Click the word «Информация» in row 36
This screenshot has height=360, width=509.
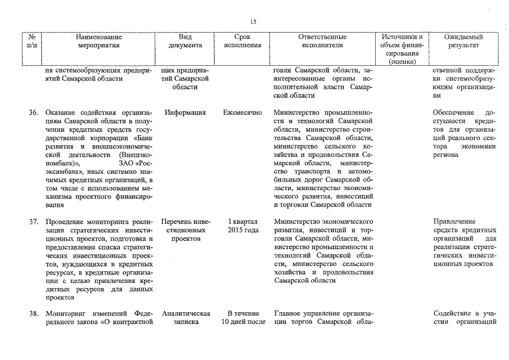pos(185,112)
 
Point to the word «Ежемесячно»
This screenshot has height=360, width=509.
pos(242,112)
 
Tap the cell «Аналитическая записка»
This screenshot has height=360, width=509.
pos(185,318)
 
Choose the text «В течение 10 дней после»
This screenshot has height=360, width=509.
pos(242,318)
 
